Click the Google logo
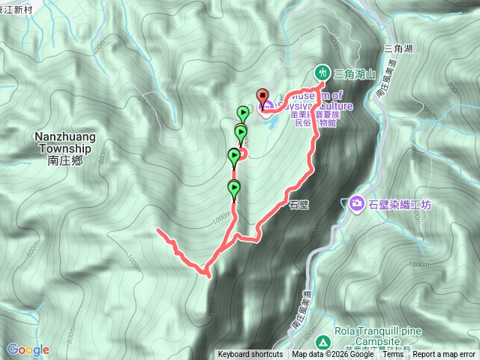coord(28,349)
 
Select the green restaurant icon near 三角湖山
coord(321,73)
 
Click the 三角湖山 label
coord(353,73)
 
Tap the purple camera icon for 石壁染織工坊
coord(357,203)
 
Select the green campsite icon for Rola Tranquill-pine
coord(322,342)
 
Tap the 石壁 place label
coord(299,202)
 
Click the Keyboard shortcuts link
coord(250,355)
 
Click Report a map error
coord(445,355)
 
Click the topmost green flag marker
coord(243,113)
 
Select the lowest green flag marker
coord(234,188)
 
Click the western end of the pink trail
coord(158,230)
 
